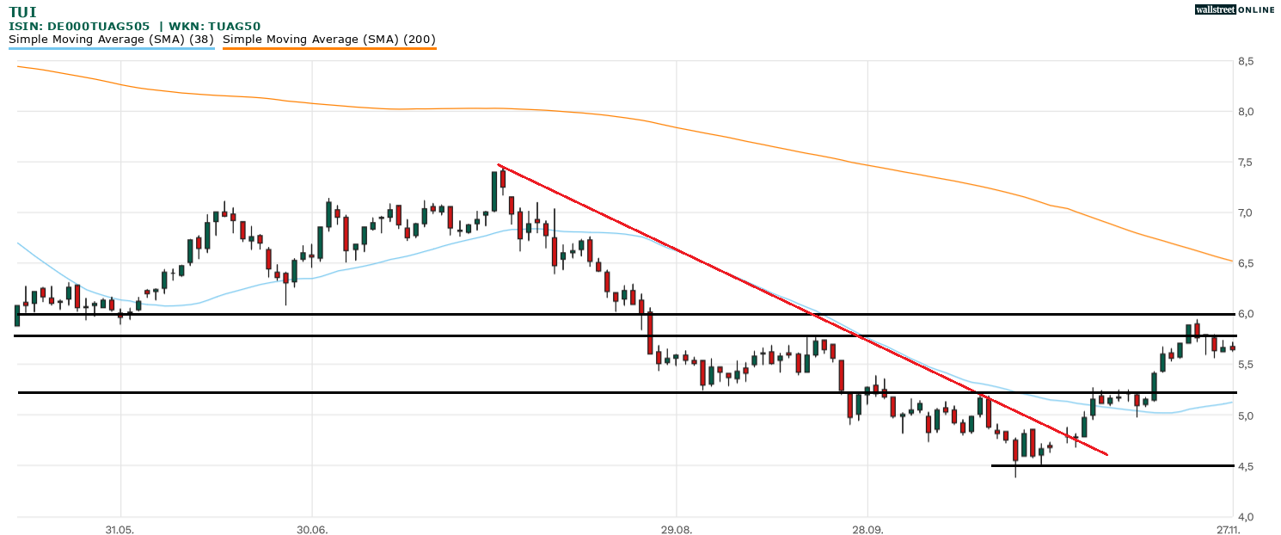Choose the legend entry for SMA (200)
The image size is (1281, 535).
point(329,40)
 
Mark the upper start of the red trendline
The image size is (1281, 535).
point(498,164)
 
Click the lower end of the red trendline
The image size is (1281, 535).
point(1107,454)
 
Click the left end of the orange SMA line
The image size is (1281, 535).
point(18,65)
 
